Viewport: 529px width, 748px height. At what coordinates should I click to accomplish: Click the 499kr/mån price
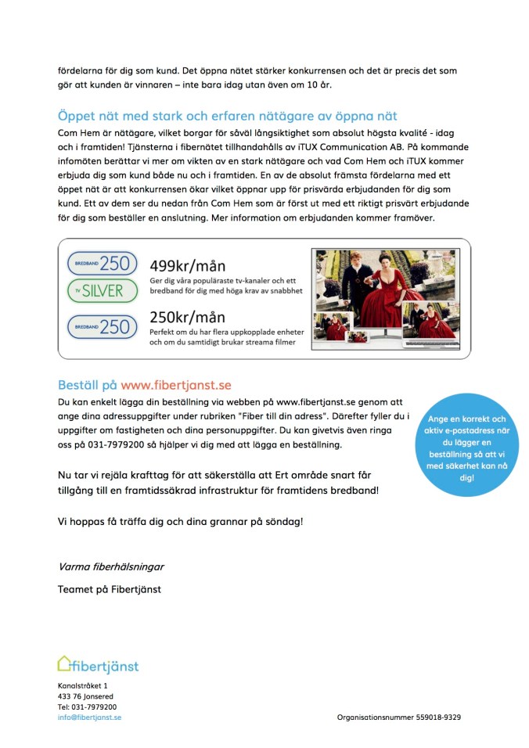(187, 265)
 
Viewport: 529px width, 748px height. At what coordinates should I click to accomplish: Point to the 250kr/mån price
(187, 318)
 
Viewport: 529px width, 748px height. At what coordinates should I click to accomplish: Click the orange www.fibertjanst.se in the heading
(176, 385)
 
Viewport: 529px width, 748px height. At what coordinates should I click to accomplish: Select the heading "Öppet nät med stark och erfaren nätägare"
(228, 116)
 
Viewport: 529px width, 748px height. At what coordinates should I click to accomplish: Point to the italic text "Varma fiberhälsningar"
(111, 566)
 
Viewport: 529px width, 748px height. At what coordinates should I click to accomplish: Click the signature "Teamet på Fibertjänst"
(110, 589)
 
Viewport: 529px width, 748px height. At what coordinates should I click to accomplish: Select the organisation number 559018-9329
(438, 717)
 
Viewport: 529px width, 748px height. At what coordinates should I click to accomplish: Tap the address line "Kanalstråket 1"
(83, 686)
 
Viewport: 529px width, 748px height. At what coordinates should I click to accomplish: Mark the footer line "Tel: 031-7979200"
(87, 707)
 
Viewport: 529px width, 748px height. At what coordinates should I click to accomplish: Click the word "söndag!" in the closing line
(281, 521)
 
